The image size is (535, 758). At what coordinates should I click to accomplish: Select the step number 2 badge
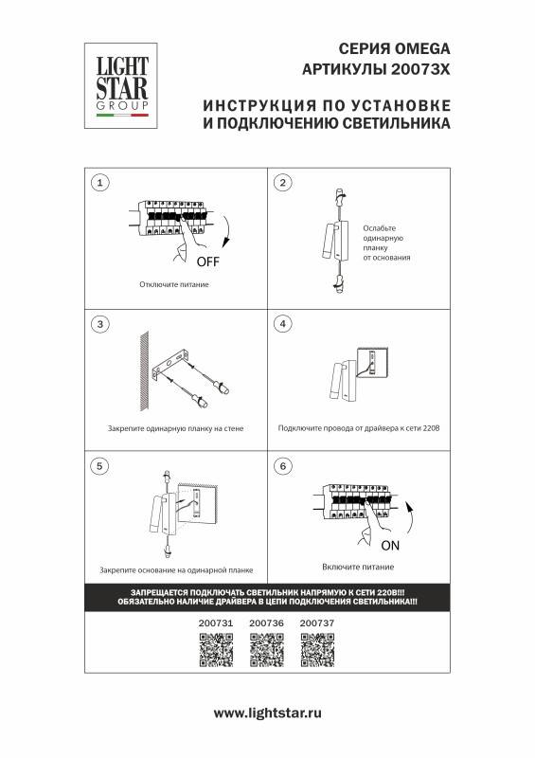click(281, 182)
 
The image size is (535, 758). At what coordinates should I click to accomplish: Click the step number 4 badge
click(281, 324)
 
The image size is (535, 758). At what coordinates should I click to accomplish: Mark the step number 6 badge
click(281, 466)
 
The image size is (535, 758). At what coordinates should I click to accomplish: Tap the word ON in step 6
click(390, 546)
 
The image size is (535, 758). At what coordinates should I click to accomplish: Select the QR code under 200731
click(216, 649)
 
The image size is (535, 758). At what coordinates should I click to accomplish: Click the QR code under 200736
click(266, 649)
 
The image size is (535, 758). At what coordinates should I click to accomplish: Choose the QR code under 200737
click(316, 649)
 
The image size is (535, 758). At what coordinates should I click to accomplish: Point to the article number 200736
click(266, 623)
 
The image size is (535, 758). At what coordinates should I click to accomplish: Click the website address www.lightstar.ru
click(268, 713)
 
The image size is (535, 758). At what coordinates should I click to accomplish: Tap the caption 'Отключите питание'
click(173, 284)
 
